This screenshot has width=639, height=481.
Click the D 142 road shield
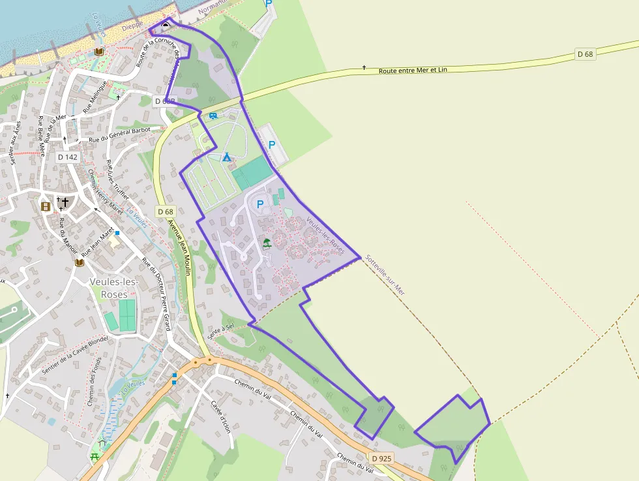(x=68, y=157)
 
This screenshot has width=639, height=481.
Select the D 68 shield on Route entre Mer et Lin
(x=585, y=54)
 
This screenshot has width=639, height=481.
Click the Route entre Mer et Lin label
(x=413, y=69)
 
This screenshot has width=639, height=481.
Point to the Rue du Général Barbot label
(x=119, y=134)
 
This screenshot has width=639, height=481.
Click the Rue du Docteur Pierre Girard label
(x=156, y=294)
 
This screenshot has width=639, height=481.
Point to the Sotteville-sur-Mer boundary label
(x=385, y=275)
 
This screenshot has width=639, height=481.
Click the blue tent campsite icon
(x=226, y=157)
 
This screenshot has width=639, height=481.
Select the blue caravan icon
(x=213, y=116)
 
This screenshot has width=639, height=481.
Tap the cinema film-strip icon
(x=46, y=206)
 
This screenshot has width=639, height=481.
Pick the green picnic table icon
(x=95, y=456)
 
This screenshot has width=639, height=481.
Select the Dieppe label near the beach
(x=132, y=25)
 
